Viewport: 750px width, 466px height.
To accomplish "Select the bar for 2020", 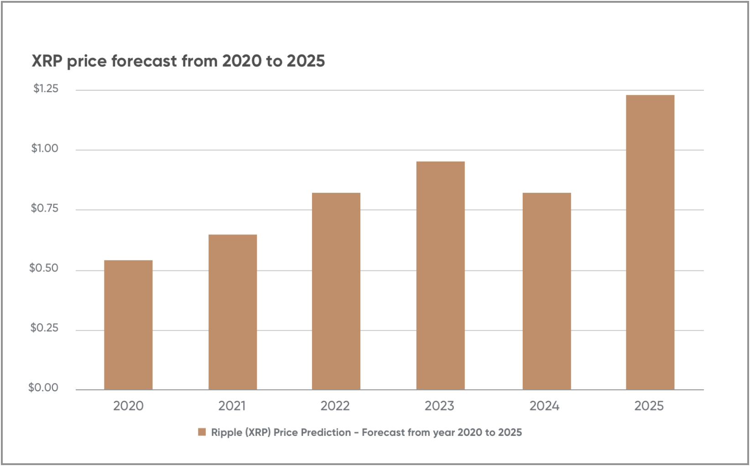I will (128, 325).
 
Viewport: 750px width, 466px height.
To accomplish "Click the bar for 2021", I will (233, 312).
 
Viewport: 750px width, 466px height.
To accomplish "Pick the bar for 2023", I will (440, 275).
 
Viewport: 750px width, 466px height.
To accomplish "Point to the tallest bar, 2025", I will (650, 242).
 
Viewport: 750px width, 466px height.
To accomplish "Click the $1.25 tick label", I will (46, 88).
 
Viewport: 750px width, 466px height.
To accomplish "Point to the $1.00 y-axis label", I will (45, 148).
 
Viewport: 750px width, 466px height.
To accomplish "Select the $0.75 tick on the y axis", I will (45, 208).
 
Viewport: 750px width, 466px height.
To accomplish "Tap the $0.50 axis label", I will (44, 268).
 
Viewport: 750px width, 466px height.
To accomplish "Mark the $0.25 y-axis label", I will (44, 328).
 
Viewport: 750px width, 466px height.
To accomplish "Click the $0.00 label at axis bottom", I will (43, 388).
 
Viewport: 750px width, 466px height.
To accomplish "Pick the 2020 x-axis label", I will (128, 406).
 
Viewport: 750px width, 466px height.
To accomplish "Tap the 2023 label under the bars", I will (439, 406).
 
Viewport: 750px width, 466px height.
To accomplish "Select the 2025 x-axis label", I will (649, 406).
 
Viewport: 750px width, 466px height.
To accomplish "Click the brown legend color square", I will (202, 432).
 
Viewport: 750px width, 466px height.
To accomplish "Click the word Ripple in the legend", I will (227, 433).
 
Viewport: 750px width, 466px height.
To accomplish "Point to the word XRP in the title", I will (47, 61).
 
